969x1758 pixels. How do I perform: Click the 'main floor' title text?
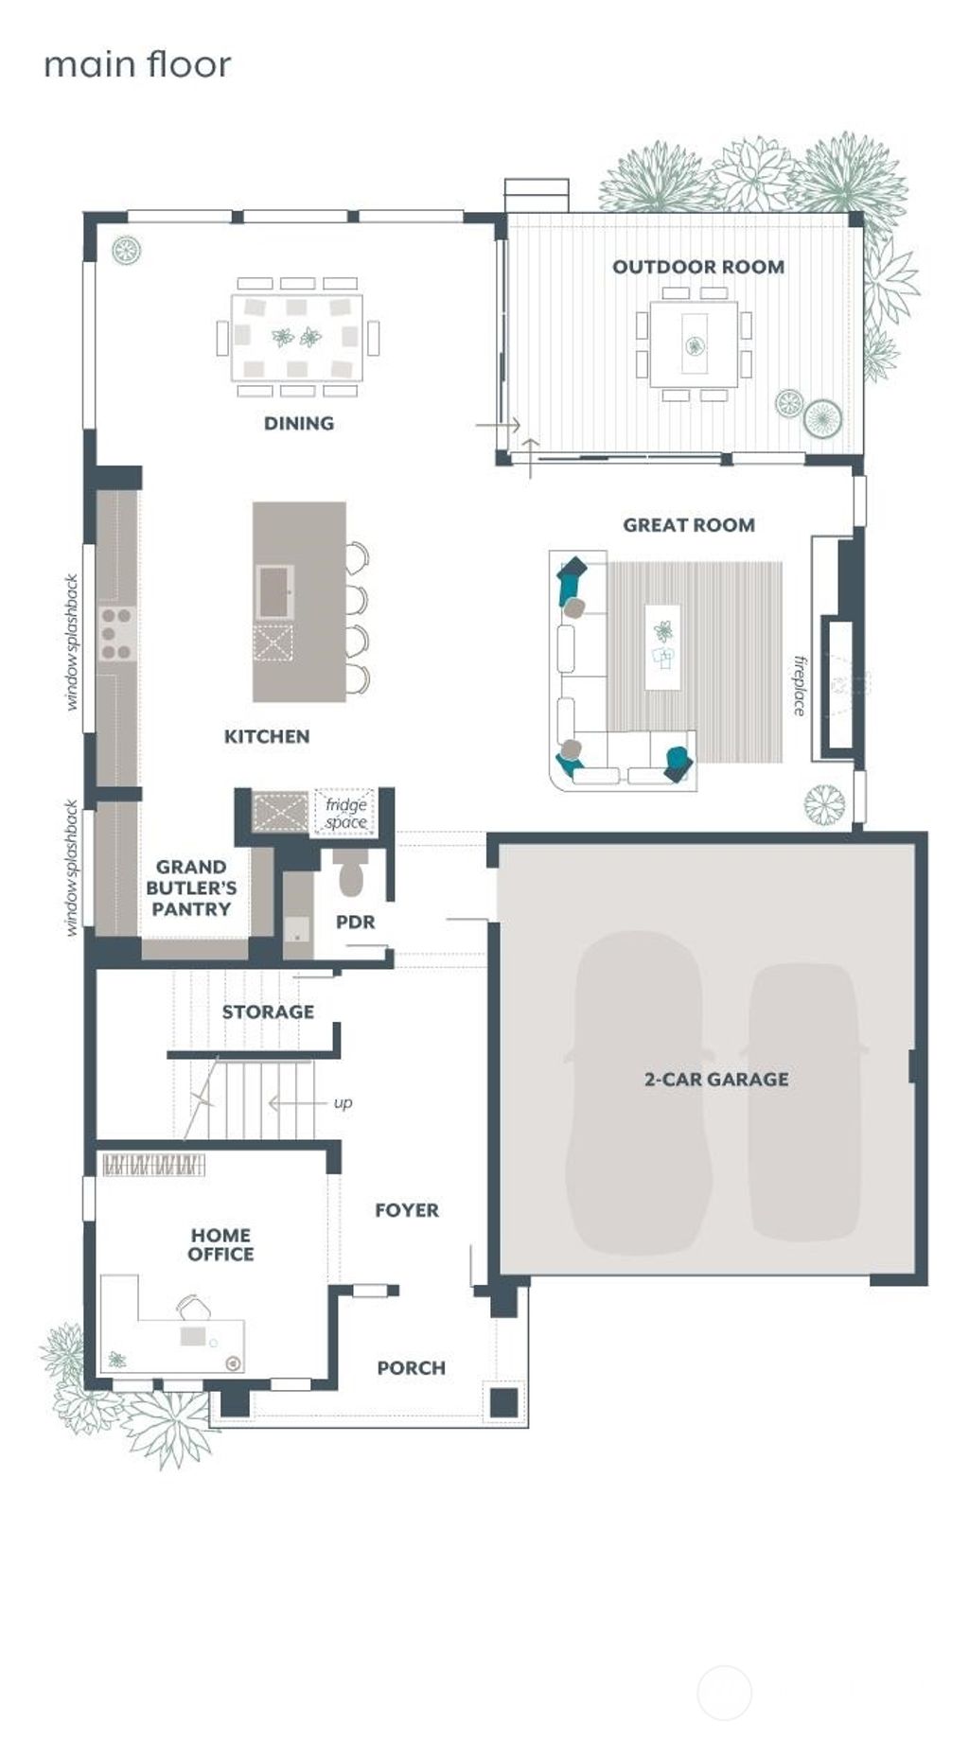(x=137, y=65)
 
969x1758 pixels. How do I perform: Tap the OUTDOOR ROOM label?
(x=697, y=267)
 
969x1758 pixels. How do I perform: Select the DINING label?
(x=299, y=423)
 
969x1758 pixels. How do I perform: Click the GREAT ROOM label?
(x=688, y=525)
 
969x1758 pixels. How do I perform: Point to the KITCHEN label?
(x=266, y=736)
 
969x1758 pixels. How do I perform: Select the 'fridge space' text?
(x=345, y=814)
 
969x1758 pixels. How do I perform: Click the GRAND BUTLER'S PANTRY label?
(x=191, y=888)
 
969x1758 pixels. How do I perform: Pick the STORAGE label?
(x=268, y=1011)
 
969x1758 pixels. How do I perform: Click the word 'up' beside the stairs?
(x=343, y=1102)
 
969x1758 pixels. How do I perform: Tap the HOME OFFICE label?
(x=220, y=1244)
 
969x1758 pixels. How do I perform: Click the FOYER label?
(x=407, y=1210)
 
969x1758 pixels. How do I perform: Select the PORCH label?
(x=411, y=1367)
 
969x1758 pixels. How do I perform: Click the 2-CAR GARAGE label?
(x=716, y=1079)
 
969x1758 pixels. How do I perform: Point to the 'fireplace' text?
(x=800, y=686)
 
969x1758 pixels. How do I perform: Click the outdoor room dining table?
(x=694, y=343)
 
